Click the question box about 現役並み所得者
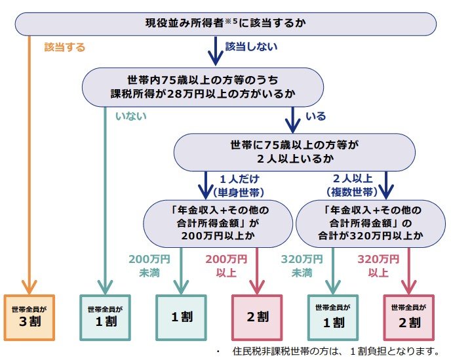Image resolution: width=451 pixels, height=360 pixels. (x=226, y=24)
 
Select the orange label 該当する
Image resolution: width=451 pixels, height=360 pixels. (x=65, y=48)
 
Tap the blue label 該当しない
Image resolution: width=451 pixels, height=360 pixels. (x=251, y=47)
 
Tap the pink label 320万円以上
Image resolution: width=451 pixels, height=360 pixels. (x=374, y=265)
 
